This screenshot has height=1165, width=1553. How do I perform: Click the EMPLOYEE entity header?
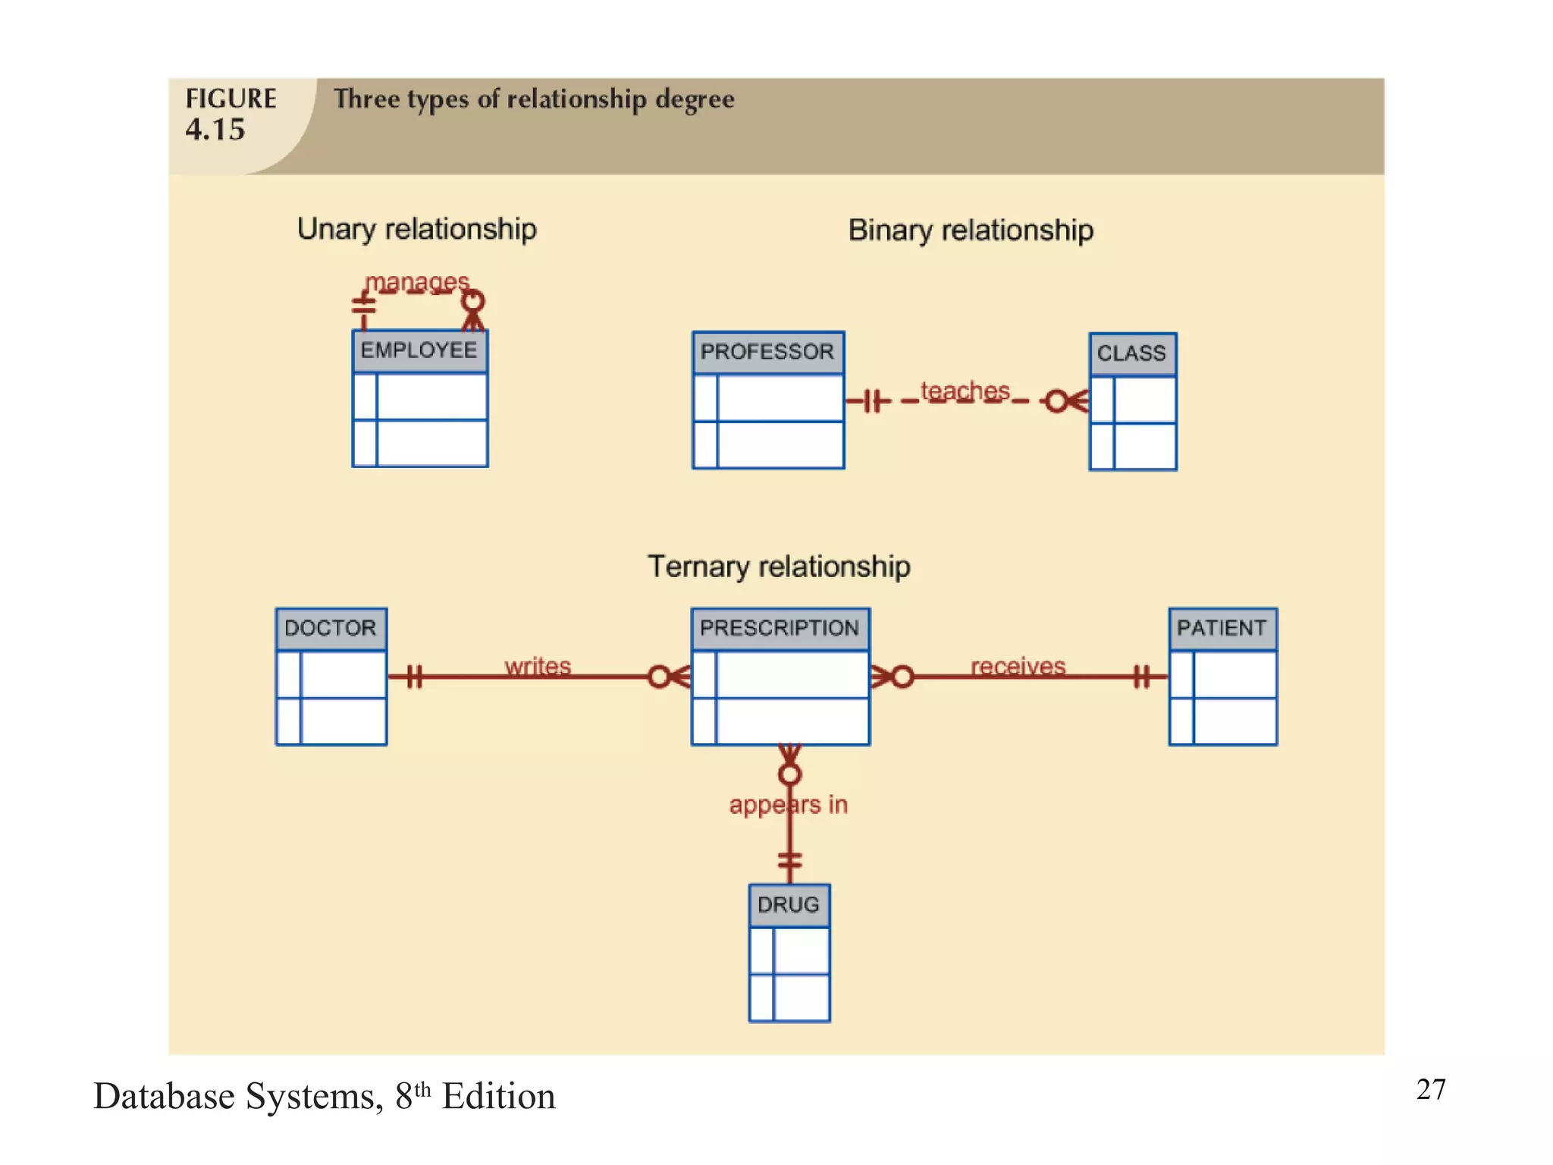click(419, 350)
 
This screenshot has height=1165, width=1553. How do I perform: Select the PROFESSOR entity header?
click(767, 352)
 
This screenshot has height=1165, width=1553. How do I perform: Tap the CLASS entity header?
click(1132, 353)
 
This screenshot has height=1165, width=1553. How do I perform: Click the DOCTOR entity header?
click(331, 628)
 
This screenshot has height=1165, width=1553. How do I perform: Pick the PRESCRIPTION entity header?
click(780, 628)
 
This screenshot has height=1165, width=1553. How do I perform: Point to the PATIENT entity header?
click(1222, 628)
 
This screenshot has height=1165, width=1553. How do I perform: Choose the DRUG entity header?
click(789, 905)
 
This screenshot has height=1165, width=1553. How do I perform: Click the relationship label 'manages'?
click(417, 282)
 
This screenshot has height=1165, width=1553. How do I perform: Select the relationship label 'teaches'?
click(965, 391)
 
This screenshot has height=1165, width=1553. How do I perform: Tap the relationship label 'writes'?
click(538, 666)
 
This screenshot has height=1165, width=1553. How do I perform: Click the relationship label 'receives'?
click(1018, 666)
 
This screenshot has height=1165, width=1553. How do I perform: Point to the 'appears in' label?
click(789, 805)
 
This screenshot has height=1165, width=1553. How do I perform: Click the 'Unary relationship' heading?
click(417, 229)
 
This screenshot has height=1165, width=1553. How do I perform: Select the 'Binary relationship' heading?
click(971, 231)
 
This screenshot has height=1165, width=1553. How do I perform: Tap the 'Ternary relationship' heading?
click(779, 567)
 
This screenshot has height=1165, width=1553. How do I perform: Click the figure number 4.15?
click(215, 130)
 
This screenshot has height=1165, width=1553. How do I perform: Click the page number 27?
click(1431, 1090)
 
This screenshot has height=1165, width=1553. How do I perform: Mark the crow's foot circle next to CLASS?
click(1056, 401)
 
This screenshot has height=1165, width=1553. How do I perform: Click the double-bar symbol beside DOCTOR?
click(413, 676)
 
